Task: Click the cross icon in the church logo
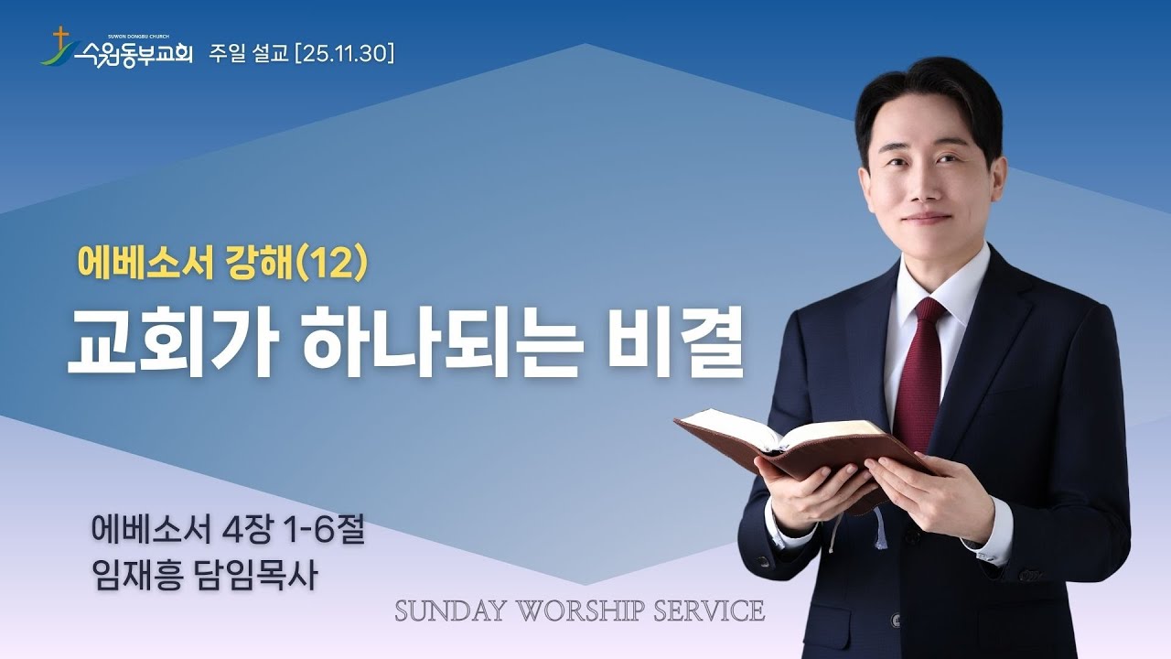(x=61, y=38)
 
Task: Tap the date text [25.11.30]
(x=345, y=55)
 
